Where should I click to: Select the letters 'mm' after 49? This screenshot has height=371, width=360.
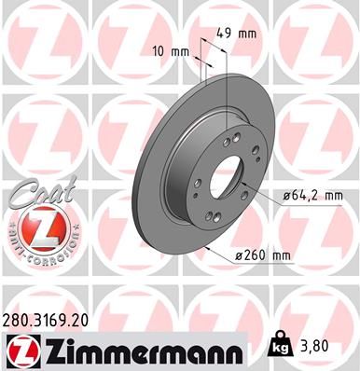247,34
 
